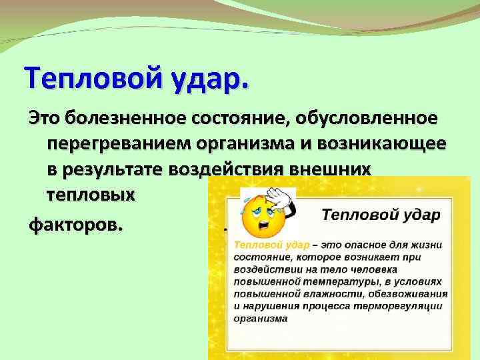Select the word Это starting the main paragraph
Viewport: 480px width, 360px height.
pos(46,119)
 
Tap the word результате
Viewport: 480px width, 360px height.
pos(123,170)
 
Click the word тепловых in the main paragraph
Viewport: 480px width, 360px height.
pos(91,195)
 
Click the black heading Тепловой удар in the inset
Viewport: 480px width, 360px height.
pos(381,215)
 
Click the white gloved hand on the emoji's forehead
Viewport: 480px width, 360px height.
pos(279,196)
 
